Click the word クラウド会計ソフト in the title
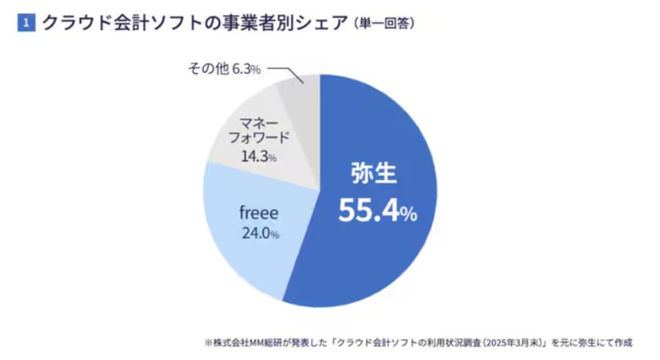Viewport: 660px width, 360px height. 103,23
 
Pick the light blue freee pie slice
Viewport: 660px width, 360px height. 239,238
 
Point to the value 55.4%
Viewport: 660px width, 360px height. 377,210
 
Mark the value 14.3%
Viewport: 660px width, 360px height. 258,157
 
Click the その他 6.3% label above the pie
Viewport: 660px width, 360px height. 224,70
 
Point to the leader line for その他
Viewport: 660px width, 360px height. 286,71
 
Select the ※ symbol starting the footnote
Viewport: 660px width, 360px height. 208,343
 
